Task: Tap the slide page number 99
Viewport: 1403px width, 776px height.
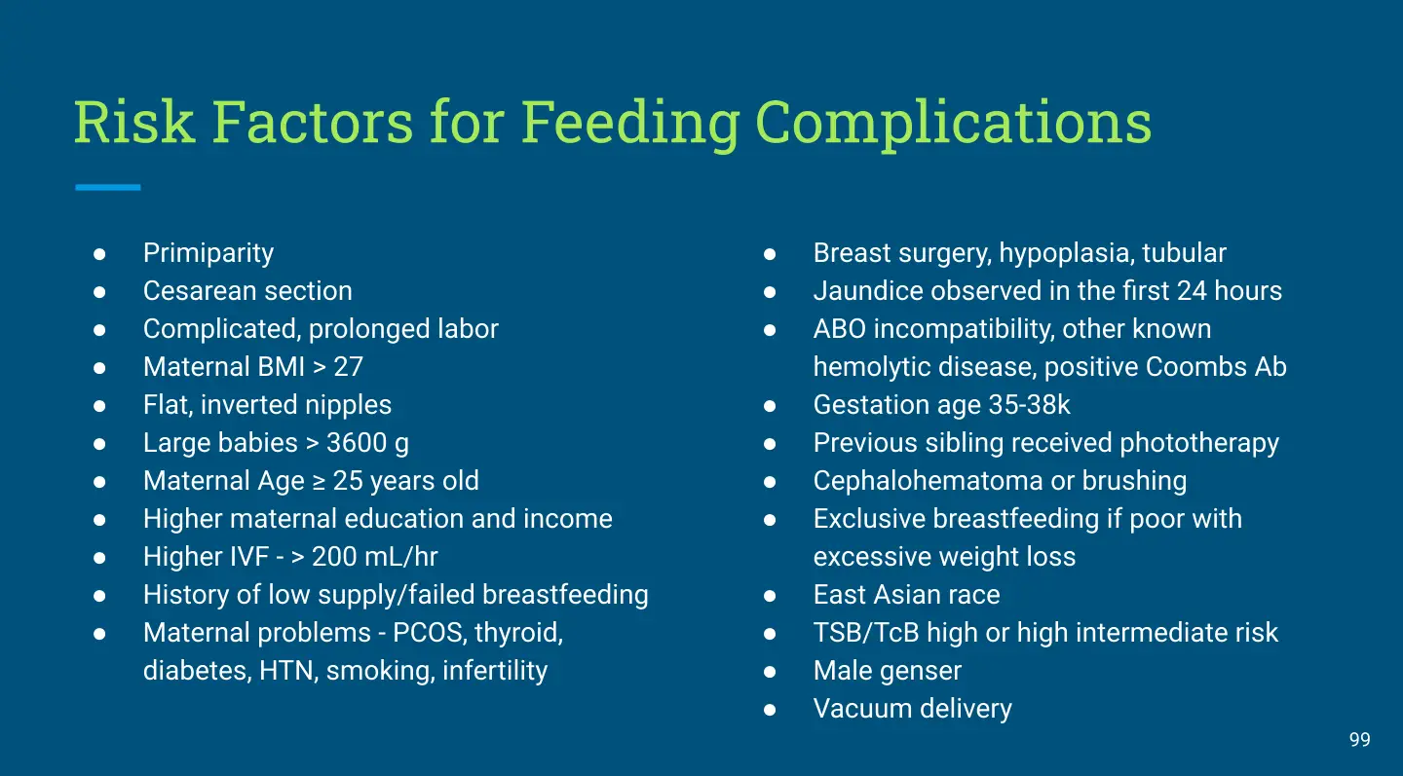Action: click(1360, 740)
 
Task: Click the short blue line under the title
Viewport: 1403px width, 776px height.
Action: click(108, 187)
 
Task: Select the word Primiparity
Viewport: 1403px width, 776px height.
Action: click(209, 253)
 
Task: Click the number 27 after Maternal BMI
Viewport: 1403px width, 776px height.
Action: click(348, 367)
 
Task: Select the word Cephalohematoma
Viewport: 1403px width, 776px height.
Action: click(928, 481)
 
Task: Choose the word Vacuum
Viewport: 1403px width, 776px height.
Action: click(862, 709)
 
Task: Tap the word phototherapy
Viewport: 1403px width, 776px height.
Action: click(1199, 444)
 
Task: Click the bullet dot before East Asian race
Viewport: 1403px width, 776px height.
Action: click(770, 596)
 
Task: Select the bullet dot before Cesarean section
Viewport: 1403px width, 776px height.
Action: click(99, 292)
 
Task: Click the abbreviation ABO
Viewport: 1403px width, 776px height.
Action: click(839, 329)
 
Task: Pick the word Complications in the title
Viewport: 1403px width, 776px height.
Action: click(953, 123)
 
